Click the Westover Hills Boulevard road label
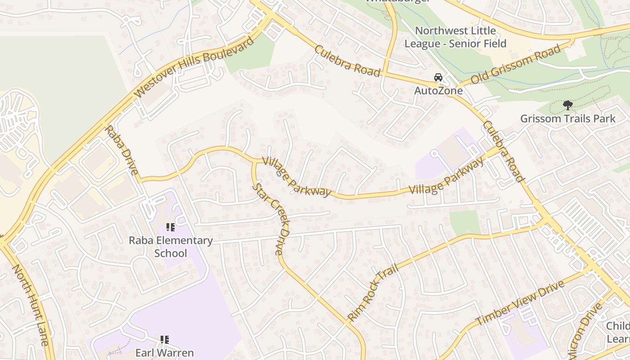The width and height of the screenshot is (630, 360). click(194, 67)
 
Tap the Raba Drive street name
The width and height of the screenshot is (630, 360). click(121, 150)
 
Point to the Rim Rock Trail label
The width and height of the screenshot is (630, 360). click(373, 293)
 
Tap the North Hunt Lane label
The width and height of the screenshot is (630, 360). click(30, 305)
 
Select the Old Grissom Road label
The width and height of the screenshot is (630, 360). click(516, 64)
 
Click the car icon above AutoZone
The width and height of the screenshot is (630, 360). click(438, 77)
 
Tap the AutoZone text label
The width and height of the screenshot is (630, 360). click(438, 91)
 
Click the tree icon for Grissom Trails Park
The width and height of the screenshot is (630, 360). click(567, 105)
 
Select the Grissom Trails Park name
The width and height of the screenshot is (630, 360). click(567, 119)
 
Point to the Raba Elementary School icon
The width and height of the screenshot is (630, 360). click(170, 227)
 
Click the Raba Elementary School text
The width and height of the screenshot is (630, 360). click(171, 247)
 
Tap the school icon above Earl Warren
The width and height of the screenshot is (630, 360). click(164, 340)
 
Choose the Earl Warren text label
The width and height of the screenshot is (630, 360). click(164, 353)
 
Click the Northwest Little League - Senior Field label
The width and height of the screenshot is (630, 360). click(455, 37)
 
